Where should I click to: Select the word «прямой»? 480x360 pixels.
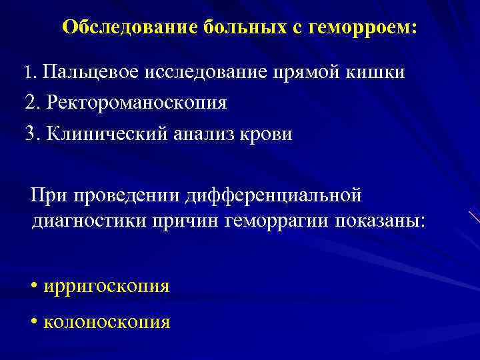(312, 72)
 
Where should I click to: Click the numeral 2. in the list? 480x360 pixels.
(33, 103)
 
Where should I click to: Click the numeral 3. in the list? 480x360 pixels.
(33, 133)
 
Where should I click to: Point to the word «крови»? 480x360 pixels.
(266, 133)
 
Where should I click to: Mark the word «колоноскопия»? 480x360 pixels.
(107, 323)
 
